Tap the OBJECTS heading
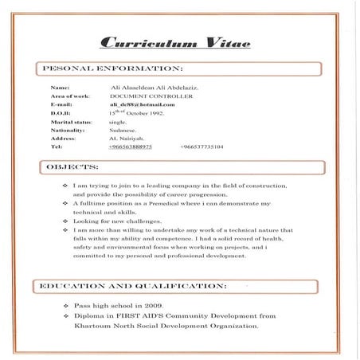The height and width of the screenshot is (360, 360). click(x=72, y=167)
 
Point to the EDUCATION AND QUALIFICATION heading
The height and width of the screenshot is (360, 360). click(x=132, y=284)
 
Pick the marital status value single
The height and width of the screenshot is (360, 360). click(x=117, y=122)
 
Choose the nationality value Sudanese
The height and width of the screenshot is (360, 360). click(x=123, y=130)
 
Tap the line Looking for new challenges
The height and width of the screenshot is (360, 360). click(x=116, y=221)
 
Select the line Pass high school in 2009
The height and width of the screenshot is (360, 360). click(x=120, y=305)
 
